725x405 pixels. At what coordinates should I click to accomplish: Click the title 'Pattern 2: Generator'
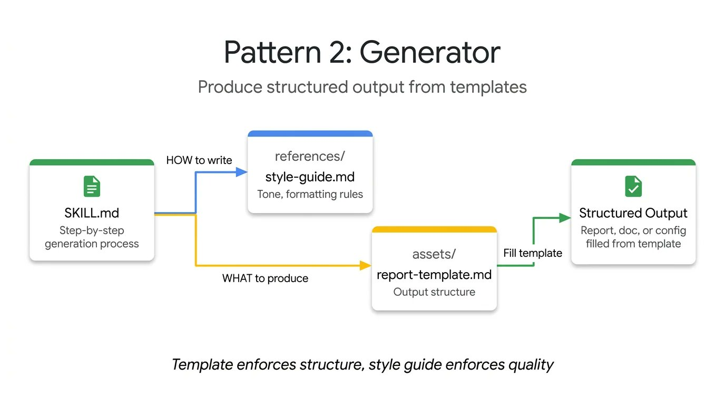pyautogui.click(x=362, y=52)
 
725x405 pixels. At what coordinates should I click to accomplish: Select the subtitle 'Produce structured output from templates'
pyautogui.click(x=362, y=87)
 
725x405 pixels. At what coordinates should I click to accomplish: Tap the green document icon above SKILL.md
pyautogui.click(x=92, y=187)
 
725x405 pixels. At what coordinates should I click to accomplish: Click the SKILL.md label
pyautogui.click(x=92, y=213)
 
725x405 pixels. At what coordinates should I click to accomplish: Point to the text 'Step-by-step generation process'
pyautogui.click(x=92, y=237)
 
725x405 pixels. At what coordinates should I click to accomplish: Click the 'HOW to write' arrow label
pyautogui.click(x=199, y=160)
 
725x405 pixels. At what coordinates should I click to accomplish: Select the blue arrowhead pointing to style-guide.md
pyautogui.click(x=242, y=172)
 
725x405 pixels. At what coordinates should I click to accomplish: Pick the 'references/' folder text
pyautogui.click(x=310, y=156)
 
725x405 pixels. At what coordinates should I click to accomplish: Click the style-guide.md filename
pyautogui.click(x=310, y=176)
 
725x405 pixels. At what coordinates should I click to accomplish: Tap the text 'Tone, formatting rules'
pyautogui.click(x=310, y=194)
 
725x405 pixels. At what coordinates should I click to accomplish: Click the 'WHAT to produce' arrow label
pyautogui.click(x=265, y=278)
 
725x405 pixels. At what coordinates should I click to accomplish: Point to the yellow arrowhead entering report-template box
pyautogui.click(x=366, y=266)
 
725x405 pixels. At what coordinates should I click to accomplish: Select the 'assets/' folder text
pyautogui.click(x=434, y=254)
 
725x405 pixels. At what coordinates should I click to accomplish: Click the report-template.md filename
pyautogui.click(x=434, y=275)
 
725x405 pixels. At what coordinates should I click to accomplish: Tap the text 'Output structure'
pyautogui.click(x=434, y=292)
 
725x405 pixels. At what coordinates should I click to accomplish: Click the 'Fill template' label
pyautogui.click(x=533, y=253)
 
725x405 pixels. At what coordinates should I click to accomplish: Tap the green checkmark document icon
pyautogui.click(x=633, y=187)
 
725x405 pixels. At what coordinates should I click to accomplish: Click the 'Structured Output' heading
pyautogui.click(x=633, y=213)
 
